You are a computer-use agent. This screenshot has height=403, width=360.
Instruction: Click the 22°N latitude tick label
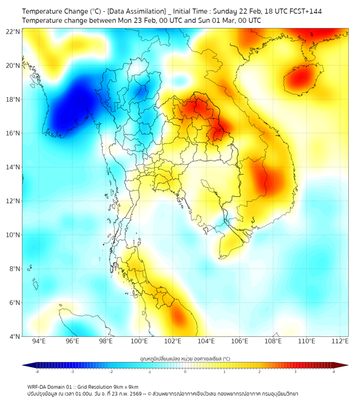[x=13, y=31]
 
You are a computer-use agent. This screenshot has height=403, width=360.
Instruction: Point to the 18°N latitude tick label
[x=13, y=99]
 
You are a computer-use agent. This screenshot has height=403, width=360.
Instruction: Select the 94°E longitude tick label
[x=39, y=342]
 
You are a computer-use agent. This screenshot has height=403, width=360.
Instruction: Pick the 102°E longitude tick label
[x=173, y=342]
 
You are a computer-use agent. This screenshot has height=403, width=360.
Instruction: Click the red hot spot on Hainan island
[x=301, y=79]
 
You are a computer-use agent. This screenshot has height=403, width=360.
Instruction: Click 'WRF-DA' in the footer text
[x=38, y=387]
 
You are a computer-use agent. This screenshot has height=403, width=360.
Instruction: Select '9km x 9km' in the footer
[x=126, y=387]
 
